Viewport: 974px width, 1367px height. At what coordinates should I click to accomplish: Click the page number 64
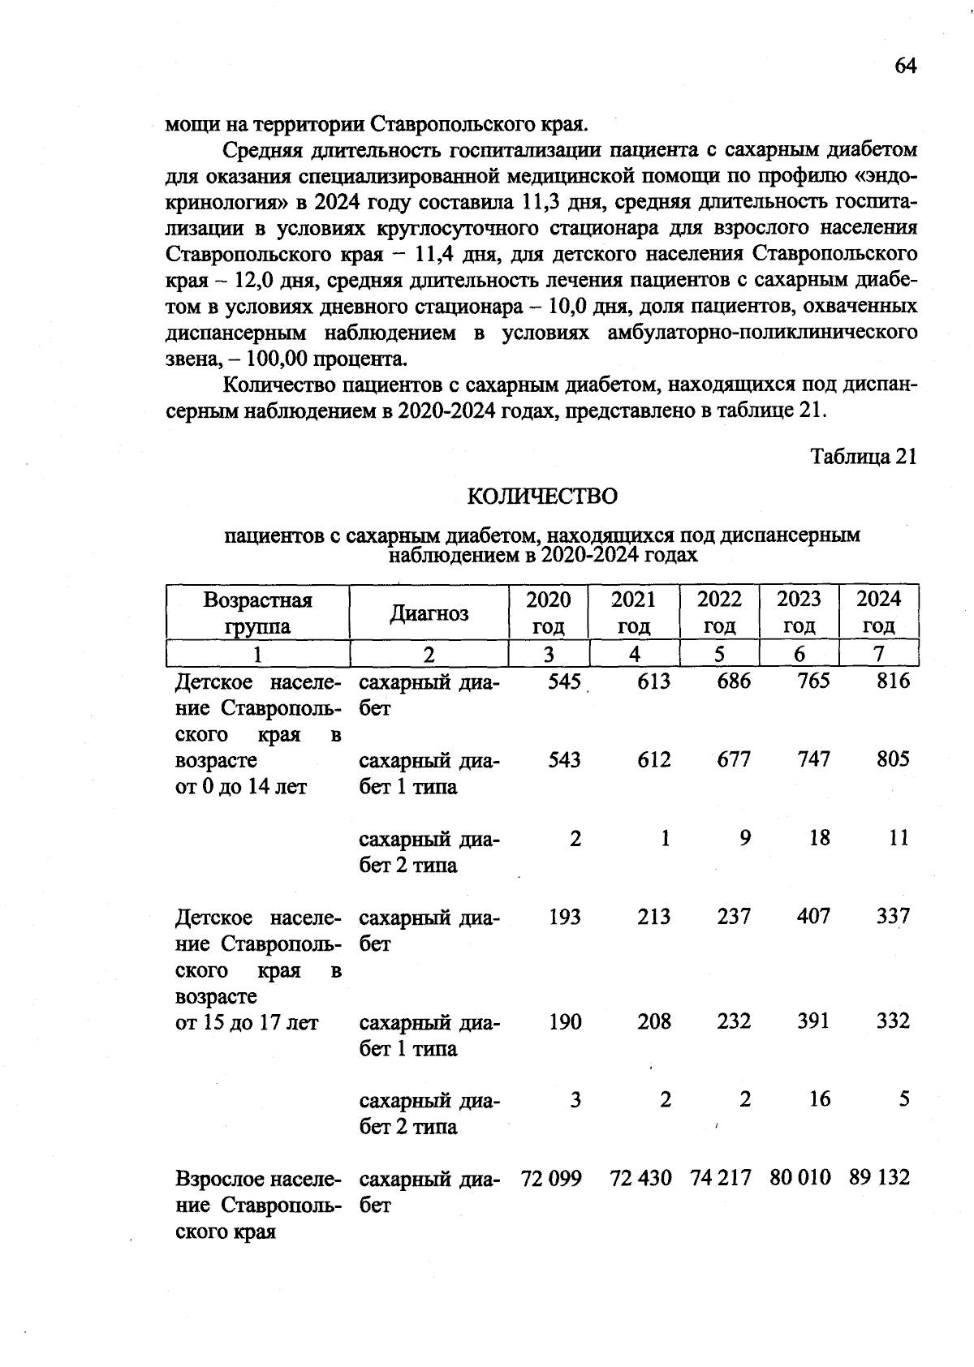(905, 66)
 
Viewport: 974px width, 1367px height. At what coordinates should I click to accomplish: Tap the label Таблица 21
(864, 457)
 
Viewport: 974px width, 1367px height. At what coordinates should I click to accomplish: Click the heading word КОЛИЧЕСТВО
(542, 496)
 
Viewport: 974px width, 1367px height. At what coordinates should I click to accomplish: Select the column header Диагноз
(429, 613)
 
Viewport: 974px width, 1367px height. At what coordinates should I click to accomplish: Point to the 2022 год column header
(719, 613)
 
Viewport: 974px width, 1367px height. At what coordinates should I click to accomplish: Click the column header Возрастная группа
(257, 613)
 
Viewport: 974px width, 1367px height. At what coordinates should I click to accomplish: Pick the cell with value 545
(564, 681)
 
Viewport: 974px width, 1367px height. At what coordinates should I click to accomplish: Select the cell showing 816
(893, 681)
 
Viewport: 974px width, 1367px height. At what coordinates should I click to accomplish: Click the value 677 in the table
(733, 759)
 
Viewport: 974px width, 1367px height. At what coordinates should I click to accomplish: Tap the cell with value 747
(813, 759)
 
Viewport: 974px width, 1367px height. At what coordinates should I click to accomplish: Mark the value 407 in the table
(813, 917)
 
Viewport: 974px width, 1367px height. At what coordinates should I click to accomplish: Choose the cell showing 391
(813, 1021)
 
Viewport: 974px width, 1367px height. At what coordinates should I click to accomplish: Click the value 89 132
(880, 1177)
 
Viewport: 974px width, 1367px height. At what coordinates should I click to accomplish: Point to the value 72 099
(551, 1178)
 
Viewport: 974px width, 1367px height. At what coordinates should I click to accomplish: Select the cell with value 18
(820, 838)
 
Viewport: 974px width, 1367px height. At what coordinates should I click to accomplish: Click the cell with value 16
(820, 1099)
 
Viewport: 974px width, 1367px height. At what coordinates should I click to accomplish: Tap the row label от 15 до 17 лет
(247, 1023)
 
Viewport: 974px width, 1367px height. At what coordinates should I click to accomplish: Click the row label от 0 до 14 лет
(241, 787)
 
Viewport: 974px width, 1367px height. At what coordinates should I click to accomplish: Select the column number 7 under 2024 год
(879, 654)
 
